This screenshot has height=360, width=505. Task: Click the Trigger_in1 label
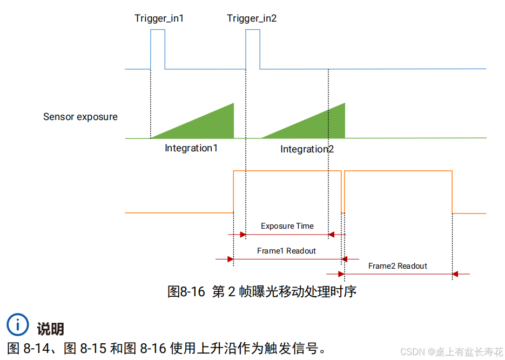(x=159, y=18)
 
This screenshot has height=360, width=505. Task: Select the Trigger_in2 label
(x=252, y=18)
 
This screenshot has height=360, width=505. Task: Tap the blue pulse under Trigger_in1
(x=158, y=49)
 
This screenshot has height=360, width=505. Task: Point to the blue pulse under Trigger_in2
(x=253, y=49)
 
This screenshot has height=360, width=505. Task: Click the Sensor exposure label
(x=80, y=117)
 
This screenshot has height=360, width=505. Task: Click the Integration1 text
(x=191, y=148)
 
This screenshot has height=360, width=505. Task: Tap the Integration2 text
(x=307, y=149)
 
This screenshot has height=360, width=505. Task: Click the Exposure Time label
(x=287, y=226)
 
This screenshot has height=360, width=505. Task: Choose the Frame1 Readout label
(x=286, y=251)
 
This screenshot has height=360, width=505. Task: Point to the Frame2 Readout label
(x=398, y=266)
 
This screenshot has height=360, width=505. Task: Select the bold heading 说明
(x=50, y=329)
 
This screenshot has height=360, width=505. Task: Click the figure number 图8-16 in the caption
(x=186, y=292)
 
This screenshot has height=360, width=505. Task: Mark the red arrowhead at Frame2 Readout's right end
(x=455, y=274)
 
